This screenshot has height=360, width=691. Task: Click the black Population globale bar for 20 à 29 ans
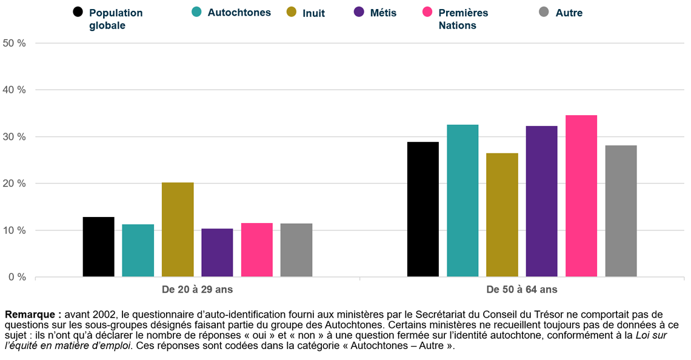pyautogui.click(x=98, y=247)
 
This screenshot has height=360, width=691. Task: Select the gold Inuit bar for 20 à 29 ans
pyautogui.click(x=178, y=230)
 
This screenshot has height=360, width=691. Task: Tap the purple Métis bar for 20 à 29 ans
pyautogui.click(x=217, y=253)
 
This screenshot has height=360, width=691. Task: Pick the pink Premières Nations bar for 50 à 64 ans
pyautogui.click(x=581, y=196)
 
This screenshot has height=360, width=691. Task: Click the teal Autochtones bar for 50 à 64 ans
pyautogui.click(x=462, y=201)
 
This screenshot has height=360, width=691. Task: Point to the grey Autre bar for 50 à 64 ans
pyautogui.click(x=621, y=211)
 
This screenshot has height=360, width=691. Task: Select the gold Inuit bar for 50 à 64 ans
pyautogui.click(x=502, y=215)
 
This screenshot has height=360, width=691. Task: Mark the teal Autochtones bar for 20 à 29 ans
pyautogui.click(x=138, y=250)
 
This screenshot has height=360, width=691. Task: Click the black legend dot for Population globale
pyautogui.click(x=78, y=12)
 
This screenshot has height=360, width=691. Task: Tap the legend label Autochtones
pyautogui.click(x=239, y=12)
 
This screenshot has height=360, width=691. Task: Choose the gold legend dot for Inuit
pyautogui.click(x=292, y=12)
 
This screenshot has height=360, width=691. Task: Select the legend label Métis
pyautogui.click(x=383, y=12)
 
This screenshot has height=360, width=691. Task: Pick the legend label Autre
pyautogui.click(x=569, y=12)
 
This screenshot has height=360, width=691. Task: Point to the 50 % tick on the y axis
pyautogui.click(x=15, y=43)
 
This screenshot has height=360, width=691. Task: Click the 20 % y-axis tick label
pyautogui.click(x=15, y=184)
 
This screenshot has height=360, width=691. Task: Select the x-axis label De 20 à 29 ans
pyautogui.click(x=197, y=290)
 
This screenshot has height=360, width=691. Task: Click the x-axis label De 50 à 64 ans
pyautogui.click(x=522, y=290)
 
